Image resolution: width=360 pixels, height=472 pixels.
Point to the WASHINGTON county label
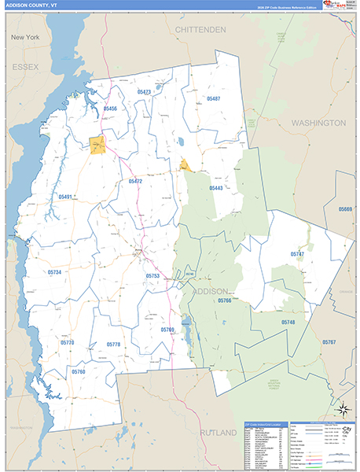(x=318, y=124)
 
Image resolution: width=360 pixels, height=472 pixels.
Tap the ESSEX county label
(x=25, y=68)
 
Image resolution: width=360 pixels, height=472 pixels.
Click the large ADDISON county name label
(x=211, y=291)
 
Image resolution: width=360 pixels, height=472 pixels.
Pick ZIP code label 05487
(x=213, y=98)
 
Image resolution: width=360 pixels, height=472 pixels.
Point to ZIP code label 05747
(x=297, y=254)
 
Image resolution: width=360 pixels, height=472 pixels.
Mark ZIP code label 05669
(x=345, y=209)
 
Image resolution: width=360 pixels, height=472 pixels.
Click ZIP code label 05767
(x=329, y=342)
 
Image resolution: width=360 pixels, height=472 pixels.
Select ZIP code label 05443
(x=215, y=188)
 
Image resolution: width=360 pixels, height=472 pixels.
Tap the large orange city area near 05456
(x=97, y=146)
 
